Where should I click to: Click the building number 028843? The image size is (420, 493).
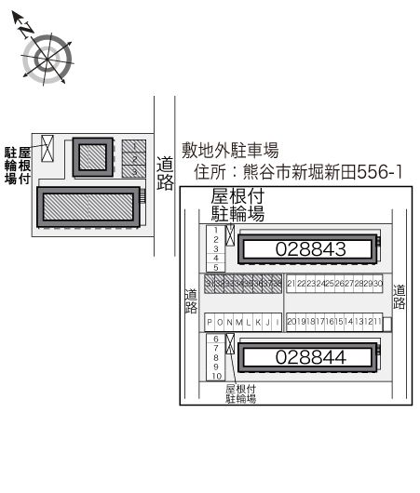[x=310, y=249]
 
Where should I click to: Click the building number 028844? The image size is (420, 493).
[x=310, y=357]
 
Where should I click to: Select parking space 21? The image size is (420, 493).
[x=291, y=283]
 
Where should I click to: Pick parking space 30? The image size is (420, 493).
[x=378, y=283]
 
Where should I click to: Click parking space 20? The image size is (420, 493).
[x=291, y=322]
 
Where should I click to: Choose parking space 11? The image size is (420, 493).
[x=377, y=322]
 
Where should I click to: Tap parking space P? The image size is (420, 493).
[x=210, y=322]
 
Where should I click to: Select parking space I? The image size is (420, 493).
[x=278, y=322]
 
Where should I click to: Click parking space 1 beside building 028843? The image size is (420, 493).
[x=215, y=230]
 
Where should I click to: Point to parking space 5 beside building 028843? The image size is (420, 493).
[x=215, y=267]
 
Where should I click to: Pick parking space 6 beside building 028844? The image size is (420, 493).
[x=215, y=339]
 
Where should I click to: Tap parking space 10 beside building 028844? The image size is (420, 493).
[x=215, y=376]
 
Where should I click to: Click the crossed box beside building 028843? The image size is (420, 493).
[x=229, y=234]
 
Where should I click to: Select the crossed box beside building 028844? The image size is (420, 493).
[x=229, y=343]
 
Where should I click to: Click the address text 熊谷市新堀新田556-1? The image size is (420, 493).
[x=322, y=173]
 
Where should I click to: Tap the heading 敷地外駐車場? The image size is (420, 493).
[x=230, y=150]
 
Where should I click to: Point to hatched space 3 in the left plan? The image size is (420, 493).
[x=135, y=172]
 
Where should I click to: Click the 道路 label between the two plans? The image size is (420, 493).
[x=165, y=172]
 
